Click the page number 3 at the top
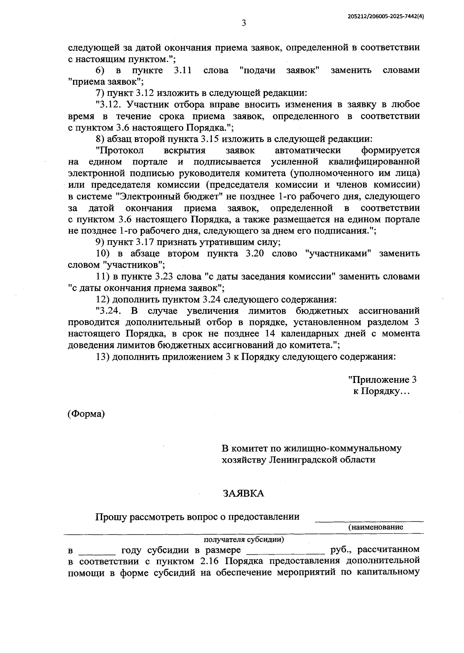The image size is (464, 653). point(244,23)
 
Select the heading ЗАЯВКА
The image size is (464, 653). point(243,493)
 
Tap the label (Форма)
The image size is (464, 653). point(86,414)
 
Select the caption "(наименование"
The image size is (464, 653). point(375,527)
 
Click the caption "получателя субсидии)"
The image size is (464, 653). point(244,539)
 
